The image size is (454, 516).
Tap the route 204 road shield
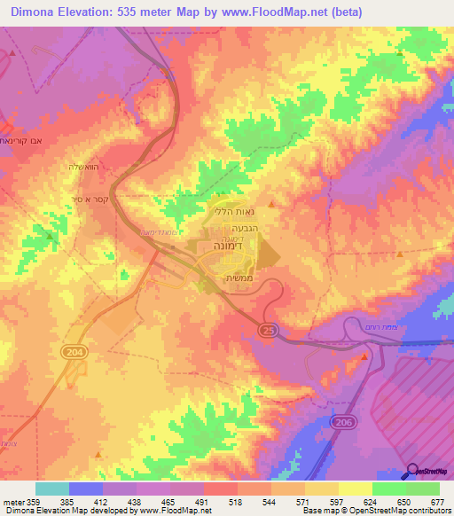[x=74, y=353]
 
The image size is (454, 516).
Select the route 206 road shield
[x=343, y=425]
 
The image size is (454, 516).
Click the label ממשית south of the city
[x=233, y=278]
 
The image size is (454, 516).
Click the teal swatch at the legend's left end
[x=52, y=488]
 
